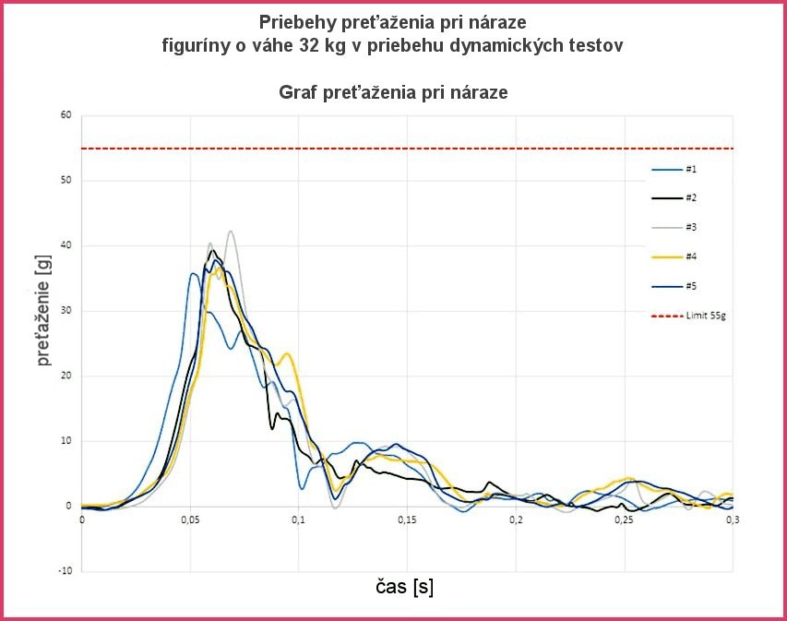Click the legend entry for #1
tap(679, 170)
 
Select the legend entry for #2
tap(679, 198)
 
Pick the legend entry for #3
tap(679, 228)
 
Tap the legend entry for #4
tap(679, 257)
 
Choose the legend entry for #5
tap(679, 286)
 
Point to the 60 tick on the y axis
tap(66, 116)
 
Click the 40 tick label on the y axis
tap(66, 246)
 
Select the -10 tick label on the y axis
tap(64, 571)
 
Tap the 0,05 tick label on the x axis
tap(190, 521)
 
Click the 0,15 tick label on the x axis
tap(407, 521)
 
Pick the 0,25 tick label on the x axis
tap(625, 521)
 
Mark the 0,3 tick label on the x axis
tap(732, 521)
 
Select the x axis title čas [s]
tap(405, 587)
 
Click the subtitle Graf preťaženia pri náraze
tap(393, 92)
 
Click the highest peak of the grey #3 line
tap(231, 232)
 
